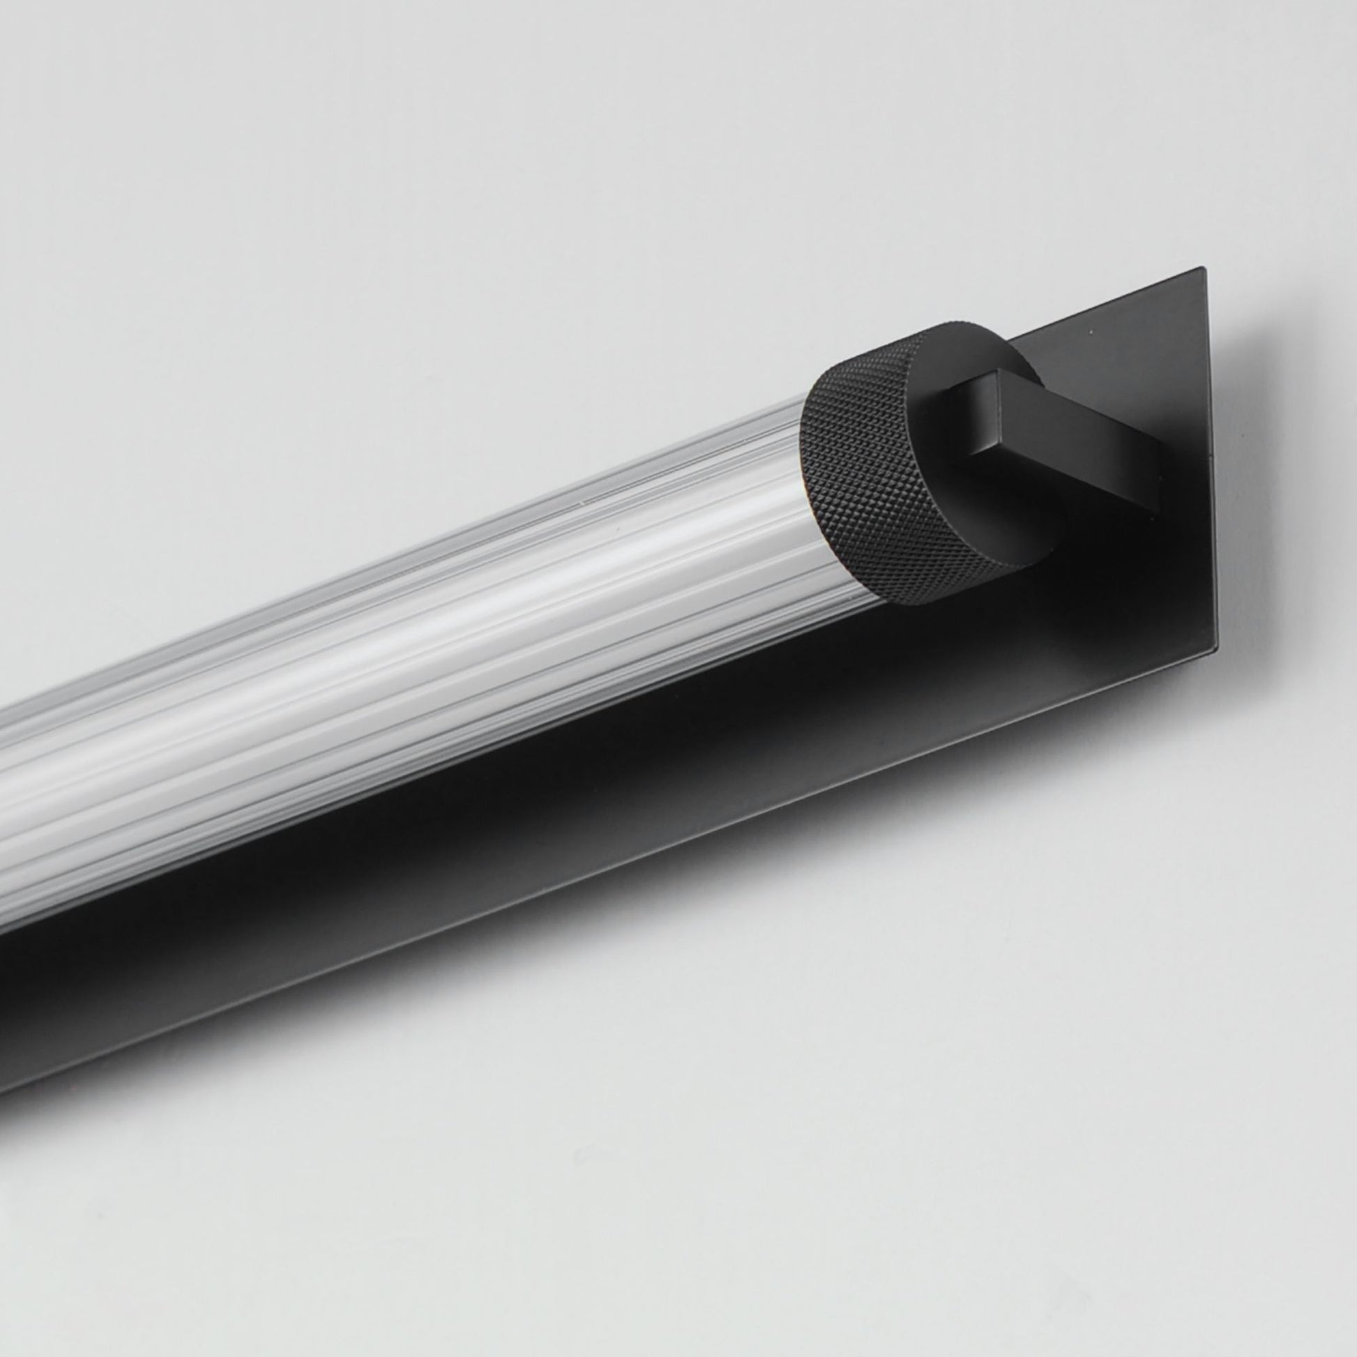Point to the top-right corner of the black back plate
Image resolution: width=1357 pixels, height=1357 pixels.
click(x=1204, y=269)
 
